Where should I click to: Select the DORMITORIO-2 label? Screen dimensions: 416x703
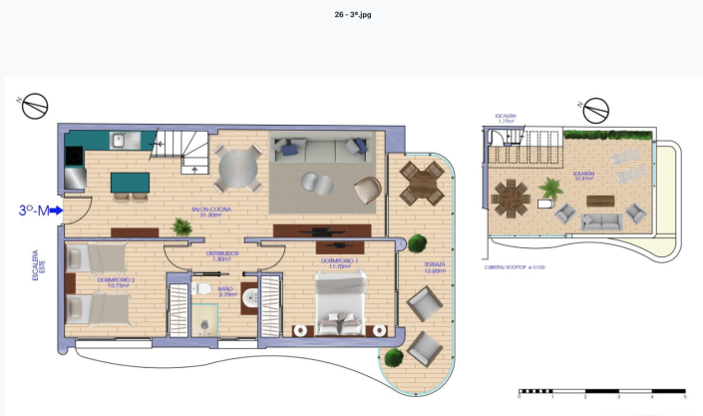116,281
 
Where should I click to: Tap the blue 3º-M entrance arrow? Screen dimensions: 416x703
55,210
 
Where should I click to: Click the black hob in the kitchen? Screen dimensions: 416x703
74,156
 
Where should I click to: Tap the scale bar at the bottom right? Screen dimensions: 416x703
601,391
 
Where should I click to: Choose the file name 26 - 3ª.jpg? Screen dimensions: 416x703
351,15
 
